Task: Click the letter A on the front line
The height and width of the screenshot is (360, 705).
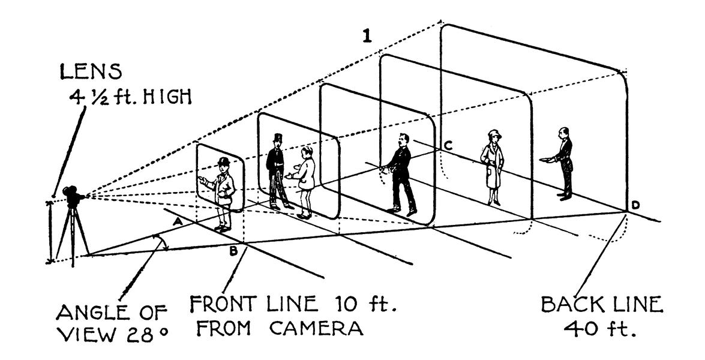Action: tap(177, 222)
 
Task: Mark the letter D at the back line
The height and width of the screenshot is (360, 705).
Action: tap(635, 206)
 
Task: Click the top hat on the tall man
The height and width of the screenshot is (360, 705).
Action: tap(277, 138)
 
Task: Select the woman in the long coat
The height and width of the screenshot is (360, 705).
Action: tap(493, 167)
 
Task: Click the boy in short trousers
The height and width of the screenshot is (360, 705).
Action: tap(305, 180)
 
